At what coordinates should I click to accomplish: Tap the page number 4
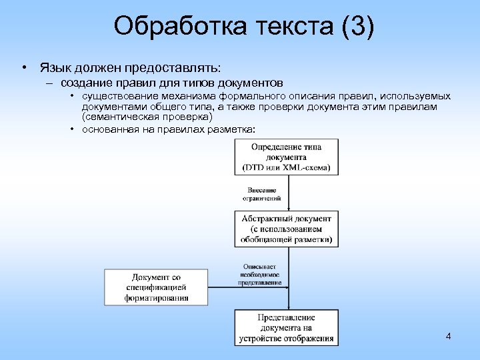[x=449, y=336]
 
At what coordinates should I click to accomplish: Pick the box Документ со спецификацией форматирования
[x=156, y=287]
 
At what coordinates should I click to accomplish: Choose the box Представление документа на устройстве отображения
[x=287, y=327]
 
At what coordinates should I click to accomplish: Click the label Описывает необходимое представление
[x=260, y=274]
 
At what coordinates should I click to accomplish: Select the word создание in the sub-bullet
[x=86, y=83]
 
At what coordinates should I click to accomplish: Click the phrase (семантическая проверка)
[x=147, y=116]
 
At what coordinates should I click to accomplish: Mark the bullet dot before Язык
[x=23, y=68]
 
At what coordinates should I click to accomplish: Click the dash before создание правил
[x=49, y=83]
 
